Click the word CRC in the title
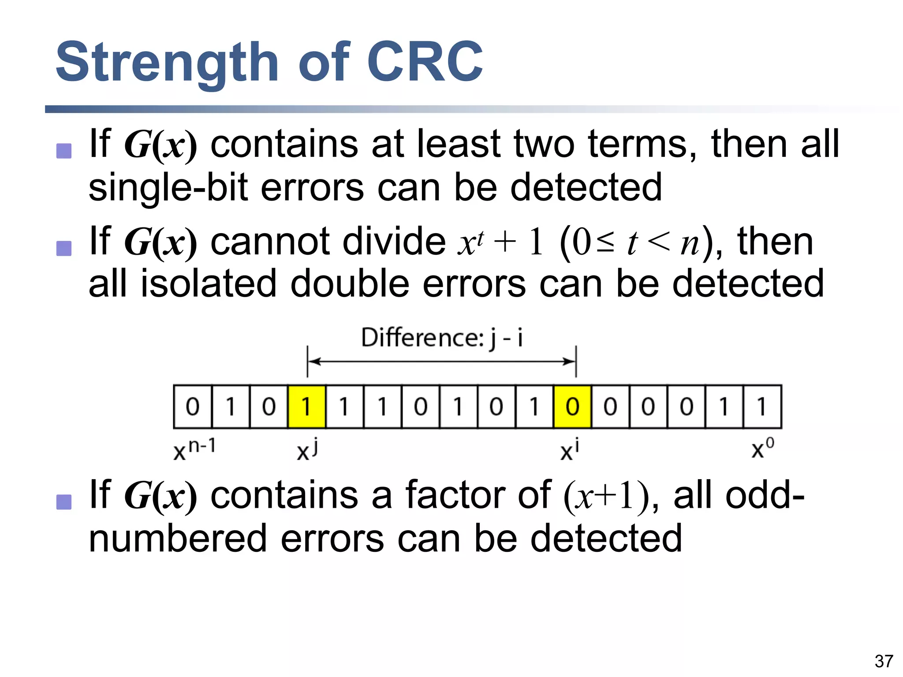click(425, 62)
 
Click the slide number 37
click(884, 661)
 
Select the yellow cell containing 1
click(307, 406)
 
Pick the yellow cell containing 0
click(572, 406)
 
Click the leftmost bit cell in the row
click(193, 406)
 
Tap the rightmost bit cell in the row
click(762, 406)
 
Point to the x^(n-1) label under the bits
click(194, 450)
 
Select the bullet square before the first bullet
click(64, 151)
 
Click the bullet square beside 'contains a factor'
click(64, 502)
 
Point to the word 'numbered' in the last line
click(178, 538)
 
